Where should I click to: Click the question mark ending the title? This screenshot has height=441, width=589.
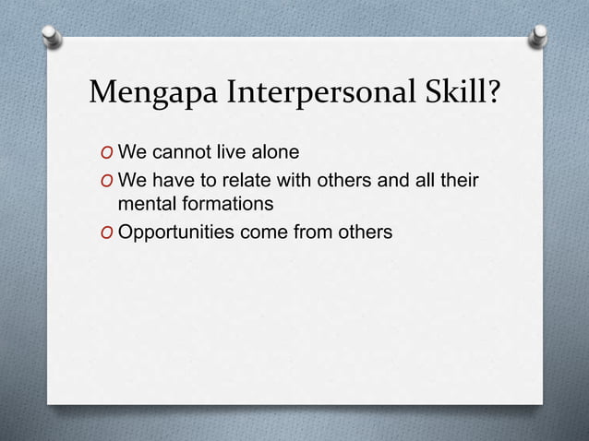495,93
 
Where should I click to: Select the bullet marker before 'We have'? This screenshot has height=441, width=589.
109,180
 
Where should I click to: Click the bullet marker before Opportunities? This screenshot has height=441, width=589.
109,232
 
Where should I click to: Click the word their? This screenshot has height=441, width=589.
458,179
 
